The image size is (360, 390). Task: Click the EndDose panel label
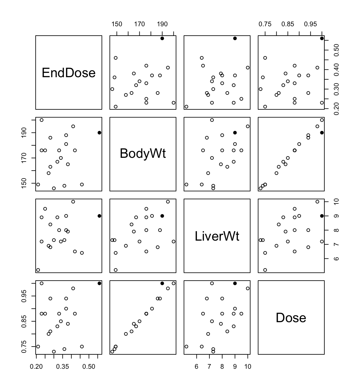pos(68,73)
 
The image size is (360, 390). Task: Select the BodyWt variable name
pos(143,153)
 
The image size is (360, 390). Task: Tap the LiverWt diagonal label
pos(217,236)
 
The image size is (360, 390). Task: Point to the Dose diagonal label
pos(291,317)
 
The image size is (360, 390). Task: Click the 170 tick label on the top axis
pos(139,24)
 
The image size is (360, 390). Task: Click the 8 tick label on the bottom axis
pos(222,366)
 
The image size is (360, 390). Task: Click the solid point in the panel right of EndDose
pos(162,38)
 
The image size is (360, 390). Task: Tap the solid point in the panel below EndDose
pos(99,132)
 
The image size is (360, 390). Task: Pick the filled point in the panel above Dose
pos(322,216)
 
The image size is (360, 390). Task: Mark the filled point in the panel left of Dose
pos(235,283)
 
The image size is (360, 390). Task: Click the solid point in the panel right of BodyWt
pos(235,132)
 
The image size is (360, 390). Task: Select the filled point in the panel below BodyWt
pos(162,216)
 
